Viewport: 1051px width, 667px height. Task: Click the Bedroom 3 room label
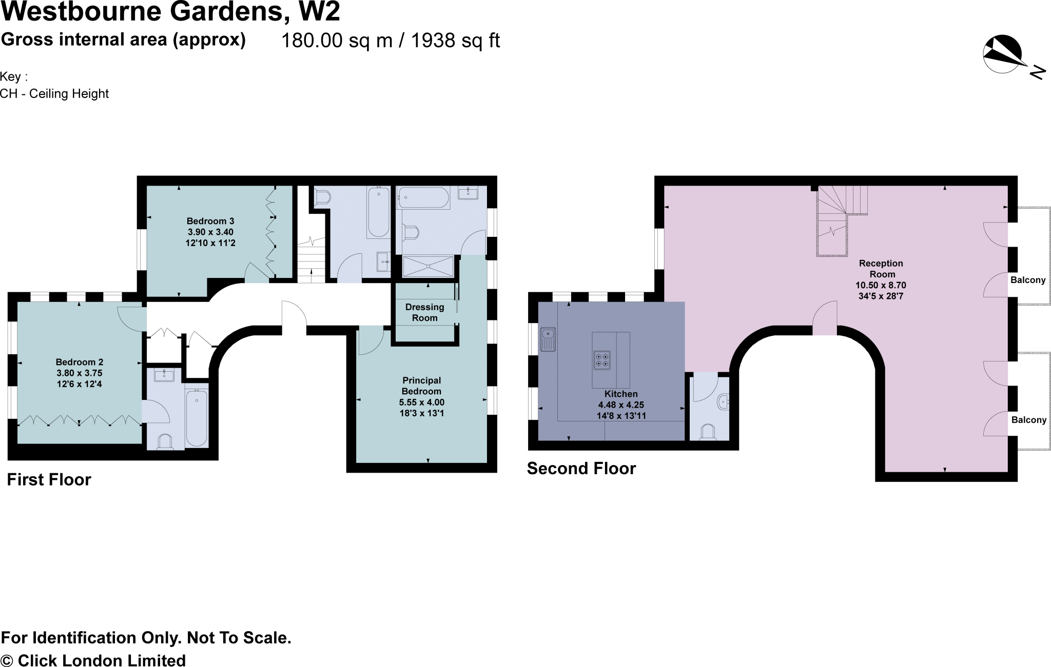[210, 221]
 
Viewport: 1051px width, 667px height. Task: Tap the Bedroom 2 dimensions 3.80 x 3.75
[80, 373]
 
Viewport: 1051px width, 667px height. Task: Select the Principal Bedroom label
[421, 386]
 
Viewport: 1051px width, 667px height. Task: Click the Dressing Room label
[424, 312]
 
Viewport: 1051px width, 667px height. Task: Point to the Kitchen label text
[621, 394]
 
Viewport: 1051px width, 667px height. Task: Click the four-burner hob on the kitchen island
[602, 360]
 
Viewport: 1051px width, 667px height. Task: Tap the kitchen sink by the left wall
[548, 339]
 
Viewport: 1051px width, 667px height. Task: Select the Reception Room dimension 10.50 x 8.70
[881, 286]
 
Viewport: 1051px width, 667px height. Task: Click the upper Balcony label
[1028, 280]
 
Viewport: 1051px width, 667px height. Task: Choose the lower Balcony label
[1028, 420]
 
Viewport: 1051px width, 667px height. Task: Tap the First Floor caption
[49, 480]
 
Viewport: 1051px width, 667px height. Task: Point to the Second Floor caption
[581, 469]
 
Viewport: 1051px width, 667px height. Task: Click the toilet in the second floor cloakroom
[708, 432]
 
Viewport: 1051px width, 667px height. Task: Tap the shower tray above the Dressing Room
[427, 267]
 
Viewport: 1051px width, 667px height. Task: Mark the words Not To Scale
[239, 638]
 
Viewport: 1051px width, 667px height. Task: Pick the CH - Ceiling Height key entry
[54, 94]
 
